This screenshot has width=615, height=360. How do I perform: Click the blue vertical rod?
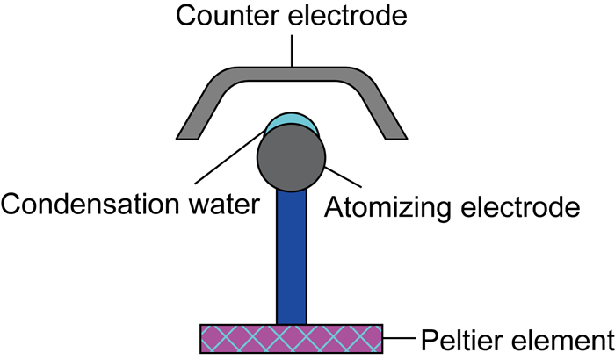click(x=292, y=255)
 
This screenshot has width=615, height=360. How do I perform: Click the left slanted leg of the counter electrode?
click(x=201, y=111)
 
